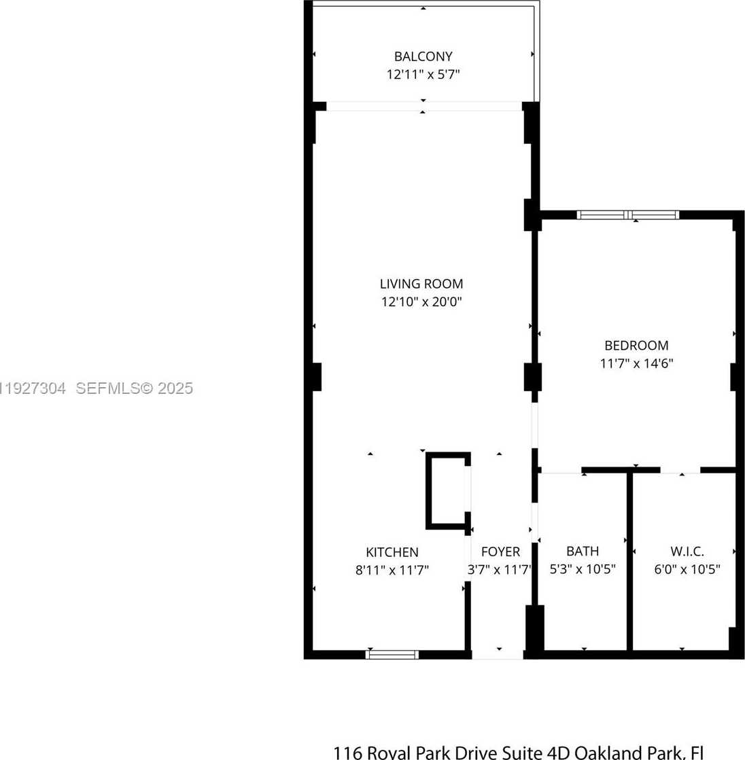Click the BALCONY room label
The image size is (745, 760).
tap(423, 56)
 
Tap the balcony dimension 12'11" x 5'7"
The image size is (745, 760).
tap(423, 74)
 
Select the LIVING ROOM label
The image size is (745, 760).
tap(421, 284)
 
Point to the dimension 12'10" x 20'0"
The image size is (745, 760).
tap(421, 302)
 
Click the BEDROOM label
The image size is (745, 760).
tap(636, 345)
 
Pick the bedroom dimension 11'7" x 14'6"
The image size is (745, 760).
tap(636, 363)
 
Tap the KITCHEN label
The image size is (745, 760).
tap(392, 552)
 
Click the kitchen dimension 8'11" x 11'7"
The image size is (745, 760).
tap(392, 570)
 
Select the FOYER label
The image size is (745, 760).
tap(500, 552)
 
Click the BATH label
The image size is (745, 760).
tap(583, 551)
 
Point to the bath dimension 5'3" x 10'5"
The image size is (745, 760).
tap(583, 569)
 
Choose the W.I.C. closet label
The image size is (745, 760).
tap(687, 551)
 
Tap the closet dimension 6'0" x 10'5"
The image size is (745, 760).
tap(687, 569)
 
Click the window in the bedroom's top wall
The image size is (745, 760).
tap(627, 215)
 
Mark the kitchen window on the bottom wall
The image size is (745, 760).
tap(392, 655)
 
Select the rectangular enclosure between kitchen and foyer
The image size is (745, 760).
tap(447, 490)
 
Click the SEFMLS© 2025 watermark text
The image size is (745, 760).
tap(134, 388)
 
